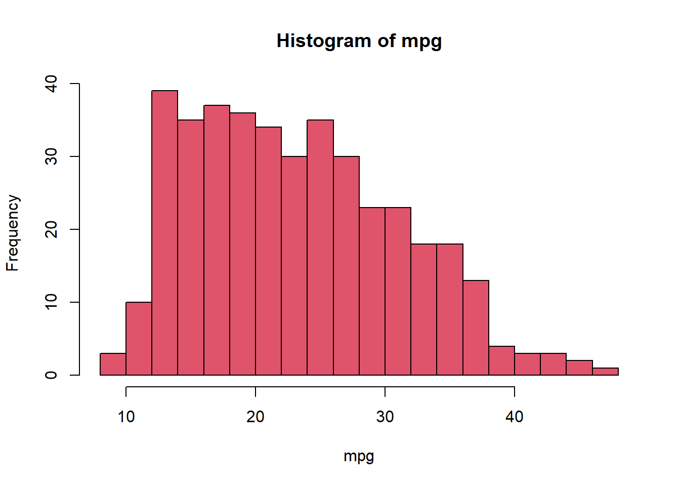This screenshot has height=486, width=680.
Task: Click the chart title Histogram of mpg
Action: click(359, 41)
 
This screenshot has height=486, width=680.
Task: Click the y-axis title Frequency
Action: click(12, 233)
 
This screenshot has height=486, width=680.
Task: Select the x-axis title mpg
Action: click(359, 456)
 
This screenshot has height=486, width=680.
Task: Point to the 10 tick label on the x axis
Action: click(126, 417)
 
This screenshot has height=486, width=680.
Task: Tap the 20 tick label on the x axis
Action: click(256, 417)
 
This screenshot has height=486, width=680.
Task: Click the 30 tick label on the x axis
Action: click(385, 417)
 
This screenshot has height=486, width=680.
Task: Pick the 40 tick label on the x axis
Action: click(515, 417)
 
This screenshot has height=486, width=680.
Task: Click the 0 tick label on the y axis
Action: click(51, 375)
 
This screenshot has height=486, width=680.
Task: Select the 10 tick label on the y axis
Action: click(51, 302)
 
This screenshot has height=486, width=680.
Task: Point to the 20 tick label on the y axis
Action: click(51, 229)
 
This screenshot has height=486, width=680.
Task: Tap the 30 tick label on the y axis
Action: click(51, 156)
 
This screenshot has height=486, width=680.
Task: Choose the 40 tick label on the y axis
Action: click(51, 84)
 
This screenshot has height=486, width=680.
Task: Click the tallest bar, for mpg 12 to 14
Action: click(165, 233)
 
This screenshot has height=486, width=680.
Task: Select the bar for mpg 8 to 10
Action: click(113, 364)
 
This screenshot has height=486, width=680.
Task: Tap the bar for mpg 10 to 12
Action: click(139, 339)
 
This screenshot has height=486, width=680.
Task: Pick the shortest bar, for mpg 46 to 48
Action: click(605, 372)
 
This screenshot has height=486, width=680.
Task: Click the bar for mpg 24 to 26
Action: click(320, 248)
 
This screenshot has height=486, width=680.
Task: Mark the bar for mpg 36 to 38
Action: click(476, 328)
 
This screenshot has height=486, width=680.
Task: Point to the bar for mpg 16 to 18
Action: click(217, 240)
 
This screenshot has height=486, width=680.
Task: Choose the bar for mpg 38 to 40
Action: click(502, 360)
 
